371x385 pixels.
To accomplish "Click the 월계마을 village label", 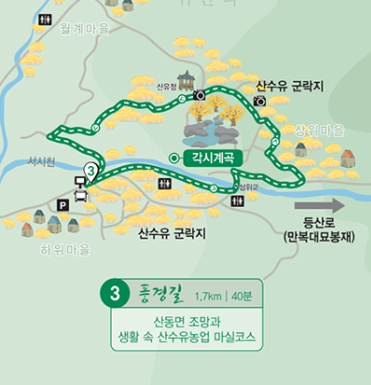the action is (x=85, y=29).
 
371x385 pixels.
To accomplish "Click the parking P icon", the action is (x=63, y=204).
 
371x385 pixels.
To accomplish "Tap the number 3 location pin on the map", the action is (x=91, y=172).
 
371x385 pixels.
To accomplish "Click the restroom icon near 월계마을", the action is (x=43, y=19).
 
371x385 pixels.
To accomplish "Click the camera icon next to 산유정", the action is (x=199, y=95).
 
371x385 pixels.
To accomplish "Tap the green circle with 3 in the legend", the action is (x=114, y=294).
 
